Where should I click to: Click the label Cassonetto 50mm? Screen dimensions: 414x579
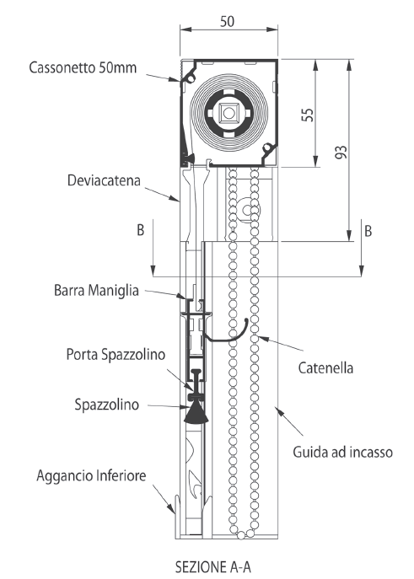(x=83, y=67)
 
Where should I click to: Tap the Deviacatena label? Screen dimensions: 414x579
(x=104, y=180)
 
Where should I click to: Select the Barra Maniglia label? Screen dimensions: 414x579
(x=96, y=290)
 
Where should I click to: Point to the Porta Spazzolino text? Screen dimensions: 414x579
(x=116, y=355)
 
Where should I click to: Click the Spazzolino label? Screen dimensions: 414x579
(x=107, y=405)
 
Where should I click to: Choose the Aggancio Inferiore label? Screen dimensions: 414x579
(x=91, y=475)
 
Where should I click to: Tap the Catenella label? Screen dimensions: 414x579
(x=325, y=368)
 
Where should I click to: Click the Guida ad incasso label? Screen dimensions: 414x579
(x=342, y=452)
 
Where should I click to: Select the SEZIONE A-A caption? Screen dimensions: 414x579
(x=213, y=567)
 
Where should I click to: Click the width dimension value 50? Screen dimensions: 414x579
(x=227, y=21)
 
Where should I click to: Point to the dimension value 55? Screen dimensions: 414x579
(x=308, y=115)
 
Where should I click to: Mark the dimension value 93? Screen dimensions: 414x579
(x=341, y=153)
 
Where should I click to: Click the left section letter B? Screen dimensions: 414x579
(x=140, y=230)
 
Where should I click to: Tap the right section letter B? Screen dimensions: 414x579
(x=368, y=231)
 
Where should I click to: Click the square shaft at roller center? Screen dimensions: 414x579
(x=229, y=113)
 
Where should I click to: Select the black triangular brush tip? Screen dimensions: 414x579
(x=196, y=412)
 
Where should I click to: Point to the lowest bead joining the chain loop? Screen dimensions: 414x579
(x=241, y=534)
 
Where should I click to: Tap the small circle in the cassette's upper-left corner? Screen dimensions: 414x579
(x=191, y=78)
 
